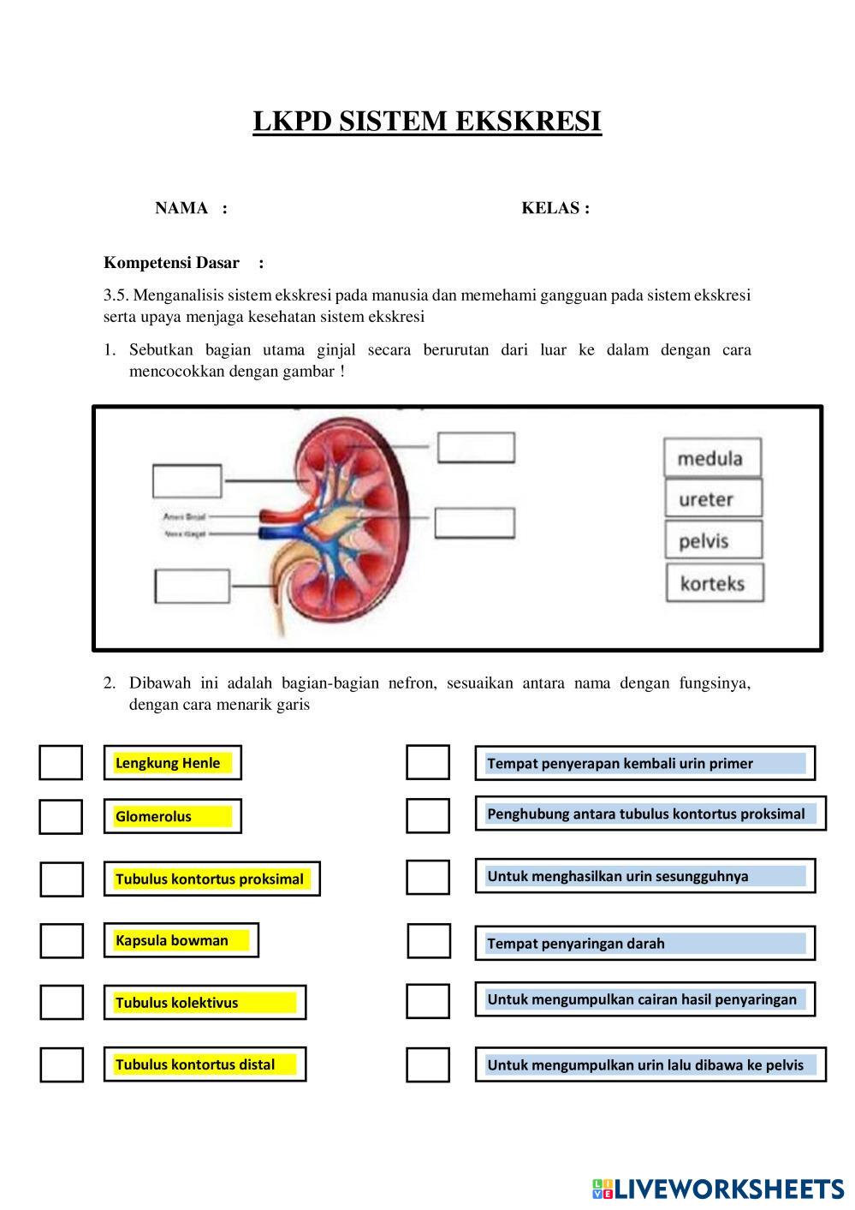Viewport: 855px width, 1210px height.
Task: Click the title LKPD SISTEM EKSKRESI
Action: (x=427, y=122)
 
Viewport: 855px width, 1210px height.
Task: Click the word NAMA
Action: (x=181, y=208)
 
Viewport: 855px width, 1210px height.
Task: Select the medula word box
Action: (x=712, y=458)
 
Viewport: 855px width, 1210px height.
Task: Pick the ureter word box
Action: (x=712, y=499)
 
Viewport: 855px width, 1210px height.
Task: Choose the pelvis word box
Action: (x=712, y=541)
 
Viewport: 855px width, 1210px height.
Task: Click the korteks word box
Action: (x=714, y=584)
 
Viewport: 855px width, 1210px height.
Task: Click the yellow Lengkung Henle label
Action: (x=172, y=763)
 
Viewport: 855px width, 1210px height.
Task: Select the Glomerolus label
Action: (x=172, y=816)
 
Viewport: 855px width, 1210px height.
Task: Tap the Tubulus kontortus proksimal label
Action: (x=211, y=879)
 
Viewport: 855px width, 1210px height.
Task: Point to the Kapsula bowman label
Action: (x=181, y=940)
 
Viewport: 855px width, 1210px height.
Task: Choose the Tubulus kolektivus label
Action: (x=205, y=1003)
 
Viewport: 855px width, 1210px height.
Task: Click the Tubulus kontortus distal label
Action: (x=205, y=1064)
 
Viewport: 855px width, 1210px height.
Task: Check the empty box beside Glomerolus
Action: (x=61, y=816)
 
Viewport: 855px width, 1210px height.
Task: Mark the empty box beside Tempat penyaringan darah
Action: (x=428, y=941)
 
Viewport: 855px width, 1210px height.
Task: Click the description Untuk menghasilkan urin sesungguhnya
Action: (x=644, y=876)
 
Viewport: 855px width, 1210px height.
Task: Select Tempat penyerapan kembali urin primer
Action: (x=644, y=763)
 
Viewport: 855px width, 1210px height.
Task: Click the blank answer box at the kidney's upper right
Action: (x=476, y=448)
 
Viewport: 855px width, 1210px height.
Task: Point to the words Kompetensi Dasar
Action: (x=171, y=263)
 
